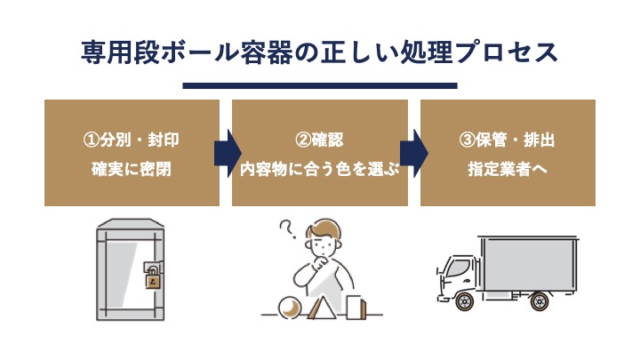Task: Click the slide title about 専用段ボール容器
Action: click(319, 52)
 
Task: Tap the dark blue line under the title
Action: click(319, 86)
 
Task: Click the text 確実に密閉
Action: click(132, 166)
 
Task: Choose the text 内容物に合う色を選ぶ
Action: click(319, 166)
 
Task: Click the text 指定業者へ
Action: click(507, 166)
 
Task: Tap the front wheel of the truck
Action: click(463, 301)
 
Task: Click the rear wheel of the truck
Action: click(538, 301)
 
